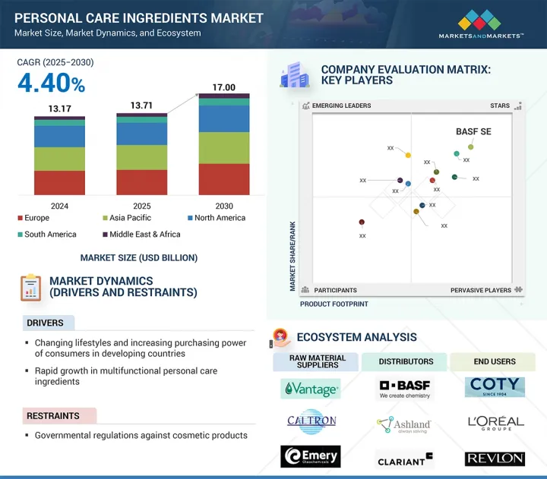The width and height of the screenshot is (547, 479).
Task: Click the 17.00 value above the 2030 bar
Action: click(224, 87)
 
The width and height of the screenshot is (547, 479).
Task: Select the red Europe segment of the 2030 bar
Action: click(224, 179)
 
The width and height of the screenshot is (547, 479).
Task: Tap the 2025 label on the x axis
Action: click(142, 206)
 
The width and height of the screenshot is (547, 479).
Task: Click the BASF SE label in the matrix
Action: click(473, 131)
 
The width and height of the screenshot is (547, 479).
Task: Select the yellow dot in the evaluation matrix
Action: click(408, 156)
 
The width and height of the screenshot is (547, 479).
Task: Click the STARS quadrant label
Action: click(499, 106)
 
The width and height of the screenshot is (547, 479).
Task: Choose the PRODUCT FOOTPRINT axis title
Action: click(334, 304)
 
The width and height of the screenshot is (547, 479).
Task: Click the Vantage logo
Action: click(310, 389)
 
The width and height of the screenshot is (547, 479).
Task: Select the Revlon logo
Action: click(495, 459)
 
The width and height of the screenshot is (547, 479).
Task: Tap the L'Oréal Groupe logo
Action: click(495, 423)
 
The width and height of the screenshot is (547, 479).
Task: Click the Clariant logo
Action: click(404, 459)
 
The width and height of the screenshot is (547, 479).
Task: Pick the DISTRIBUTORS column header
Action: click(406, 361)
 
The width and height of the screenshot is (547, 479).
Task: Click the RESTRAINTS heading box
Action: click(59, 416)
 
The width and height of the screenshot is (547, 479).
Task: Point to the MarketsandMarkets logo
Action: click(481, 24)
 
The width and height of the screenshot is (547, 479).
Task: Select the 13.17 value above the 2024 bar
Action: click(59, 108)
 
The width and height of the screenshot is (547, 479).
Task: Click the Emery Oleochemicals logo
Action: click(310, 456)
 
